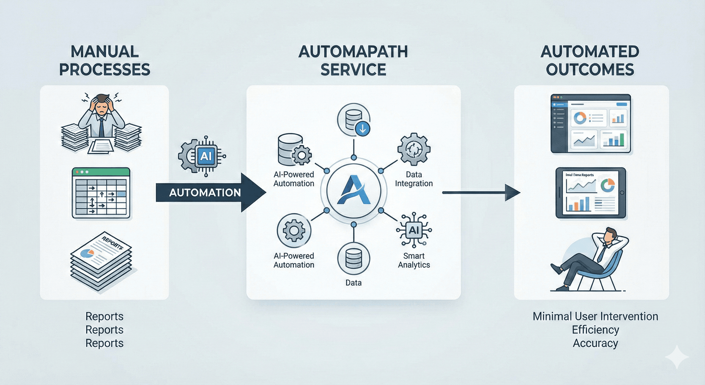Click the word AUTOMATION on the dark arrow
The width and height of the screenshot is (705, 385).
[205, 193]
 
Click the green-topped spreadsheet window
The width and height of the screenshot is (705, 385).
[101, 193]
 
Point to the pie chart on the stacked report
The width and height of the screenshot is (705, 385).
[87, 253]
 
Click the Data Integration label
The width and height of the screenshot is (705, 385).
[413, 179]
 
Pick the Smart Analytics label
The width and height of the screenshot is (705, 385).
[413, 260]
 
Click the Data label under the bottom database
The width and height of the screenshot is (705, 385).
[353, 283]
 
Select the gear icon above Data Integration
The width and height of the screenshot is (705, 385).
[414, 149]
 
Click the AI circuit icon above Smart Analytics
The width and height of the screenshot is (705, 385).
[414, 230]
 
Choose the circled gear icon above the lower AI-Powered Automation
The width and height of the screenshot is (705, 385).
[294, 231]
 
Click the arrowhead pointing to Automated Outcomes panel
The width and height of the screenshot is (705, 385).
[512, 192]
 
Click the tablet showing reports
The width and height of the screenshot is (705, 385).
[590, 193]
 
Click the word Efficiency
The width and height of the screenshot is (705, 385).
[595, 330]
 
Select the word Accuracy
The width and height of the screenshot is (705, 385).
[595, 343]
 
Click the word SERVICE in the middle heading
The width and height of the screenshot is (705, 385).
[353, 69]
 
